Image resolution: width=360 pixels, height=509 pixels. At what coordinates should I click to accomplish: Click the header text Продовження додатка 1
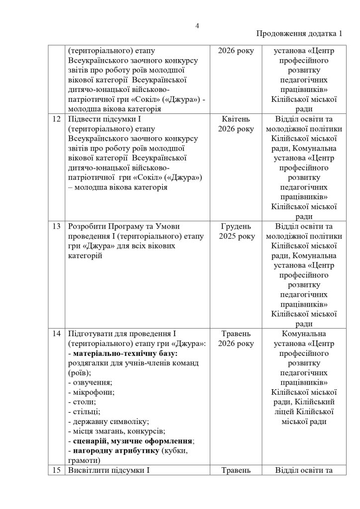[x=299, y=34]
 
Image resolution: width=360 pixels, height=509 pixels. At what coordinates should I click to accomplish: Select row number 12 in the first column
[x=56, y=119]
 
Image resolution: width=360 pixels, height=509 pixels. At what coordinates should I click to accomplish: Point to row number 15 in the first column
[x=56, y=469]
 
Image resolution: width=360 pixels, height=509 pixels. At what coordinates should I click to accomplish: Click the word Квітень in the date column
[x=232, y=119]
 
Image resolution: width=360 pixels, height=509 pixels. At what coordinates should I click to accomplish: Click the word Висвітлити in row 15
[x=88, y=469]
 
